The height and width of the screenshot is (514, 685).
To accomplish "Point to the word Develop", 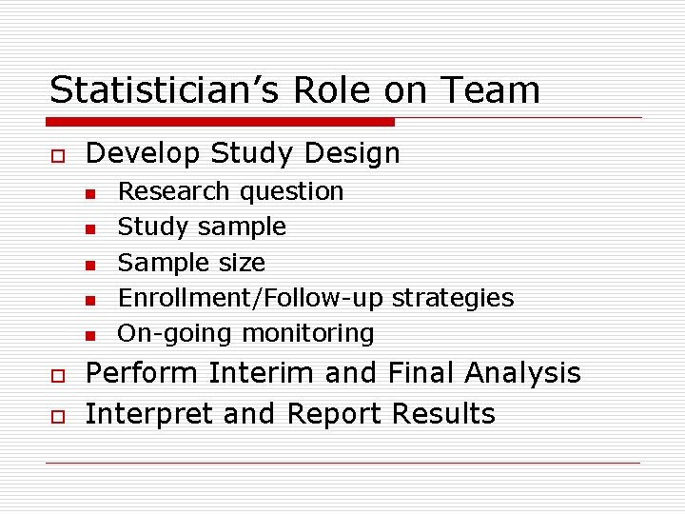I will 143,153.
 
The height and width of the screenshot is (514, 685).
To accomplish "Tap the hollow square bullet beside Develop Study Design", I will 57,155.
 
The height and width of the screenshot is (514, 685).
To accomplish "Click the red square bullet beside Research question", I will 89,194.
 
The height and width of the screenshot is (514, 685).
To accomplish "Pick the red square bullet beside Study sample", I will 89,229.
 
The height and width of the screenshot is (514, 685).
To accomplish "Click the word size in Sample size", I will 245,262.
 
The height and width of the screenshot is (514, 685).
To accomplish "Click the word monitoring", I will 307,334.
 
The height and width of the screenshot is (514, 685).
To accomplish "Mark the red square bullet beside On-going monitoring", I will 89,336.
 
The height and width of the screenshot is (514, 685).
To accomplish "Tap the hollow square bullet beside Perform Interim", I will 57,375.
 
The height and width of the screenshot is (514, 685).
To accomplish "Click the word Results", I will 443,414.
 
